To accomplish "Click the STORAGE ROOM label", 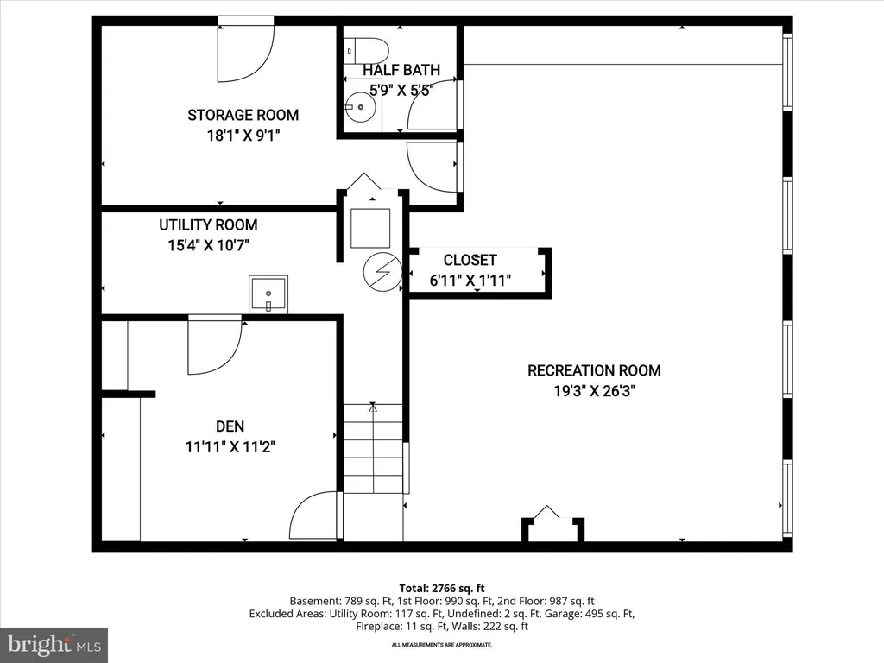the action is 243,115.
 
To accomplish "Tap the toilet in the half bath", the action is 366,51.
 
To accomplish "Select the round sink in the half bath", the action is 360,106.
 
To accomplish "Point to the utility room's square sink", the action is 268,294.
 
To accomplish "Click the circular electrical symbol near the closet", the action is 382,272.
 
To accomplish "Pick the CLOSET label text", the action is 470,260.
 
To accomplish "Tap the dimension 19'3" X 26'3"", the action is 594,391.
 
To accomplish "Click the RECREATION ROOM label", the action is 594,370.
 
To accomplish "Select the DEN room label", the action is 230,426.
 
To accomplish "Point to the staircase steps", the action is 373,449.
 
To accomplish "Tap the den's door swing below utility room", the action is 215,344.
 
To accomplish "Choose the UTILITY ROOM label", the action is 208,225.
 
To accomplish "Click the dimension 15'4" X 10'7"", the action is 208,245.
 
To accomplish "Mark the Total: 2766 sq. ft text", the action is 442,589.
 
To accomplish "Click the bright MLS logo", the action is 54,644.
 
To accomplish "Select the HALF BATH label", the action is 401,70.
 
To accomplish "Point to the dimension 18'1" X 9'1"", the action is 243,136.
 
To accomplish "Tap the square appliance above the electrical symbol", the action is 370,228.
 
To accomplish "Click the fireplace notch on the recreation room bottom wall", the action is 552,527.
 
